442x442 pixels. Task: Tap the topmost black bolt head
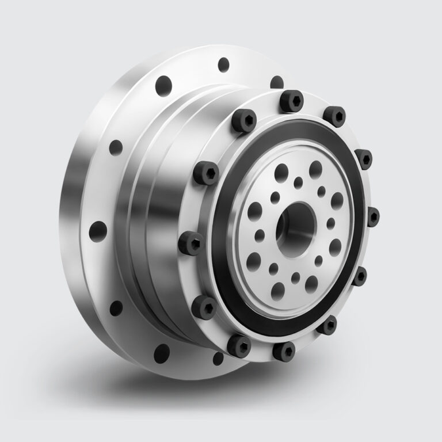[x=291, y=101]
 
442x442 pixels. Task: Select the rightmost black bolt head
[x=372, y=216]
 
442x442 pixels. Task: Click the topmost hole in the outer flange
[x=223, y=64]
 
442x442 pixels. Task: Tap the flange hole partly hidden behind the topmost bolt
[x=277, y=82]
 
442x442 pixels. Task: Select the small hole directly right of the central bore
[x=330, y=223]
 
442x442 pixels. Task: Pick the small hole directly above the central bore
[x=298, y=182]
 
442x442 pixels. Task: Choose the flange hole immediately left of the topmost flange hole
[x=164, y=85]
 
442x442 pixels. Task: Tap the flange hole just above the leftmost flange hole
[x=116, y=147]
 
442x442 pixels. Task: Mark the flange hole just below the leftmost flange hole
[x=116, y=308]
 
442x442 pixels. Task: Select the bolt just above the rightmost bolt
[x=363, y=158]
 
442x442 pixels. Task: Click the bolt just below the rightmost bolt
[x=360, y=276]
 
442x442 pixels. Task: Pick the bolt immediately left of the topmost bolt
[x=245, y=121]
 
